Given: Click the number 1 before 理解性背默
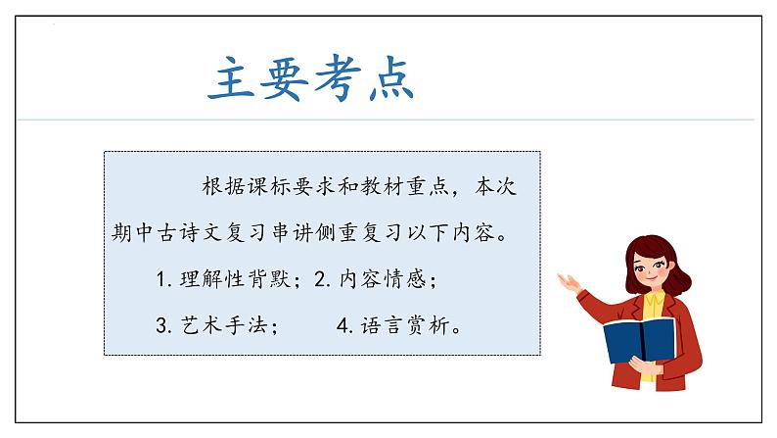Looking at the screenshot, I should click(161, 280).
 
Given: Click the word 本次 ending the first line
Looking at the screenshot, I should click(498, 186).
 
